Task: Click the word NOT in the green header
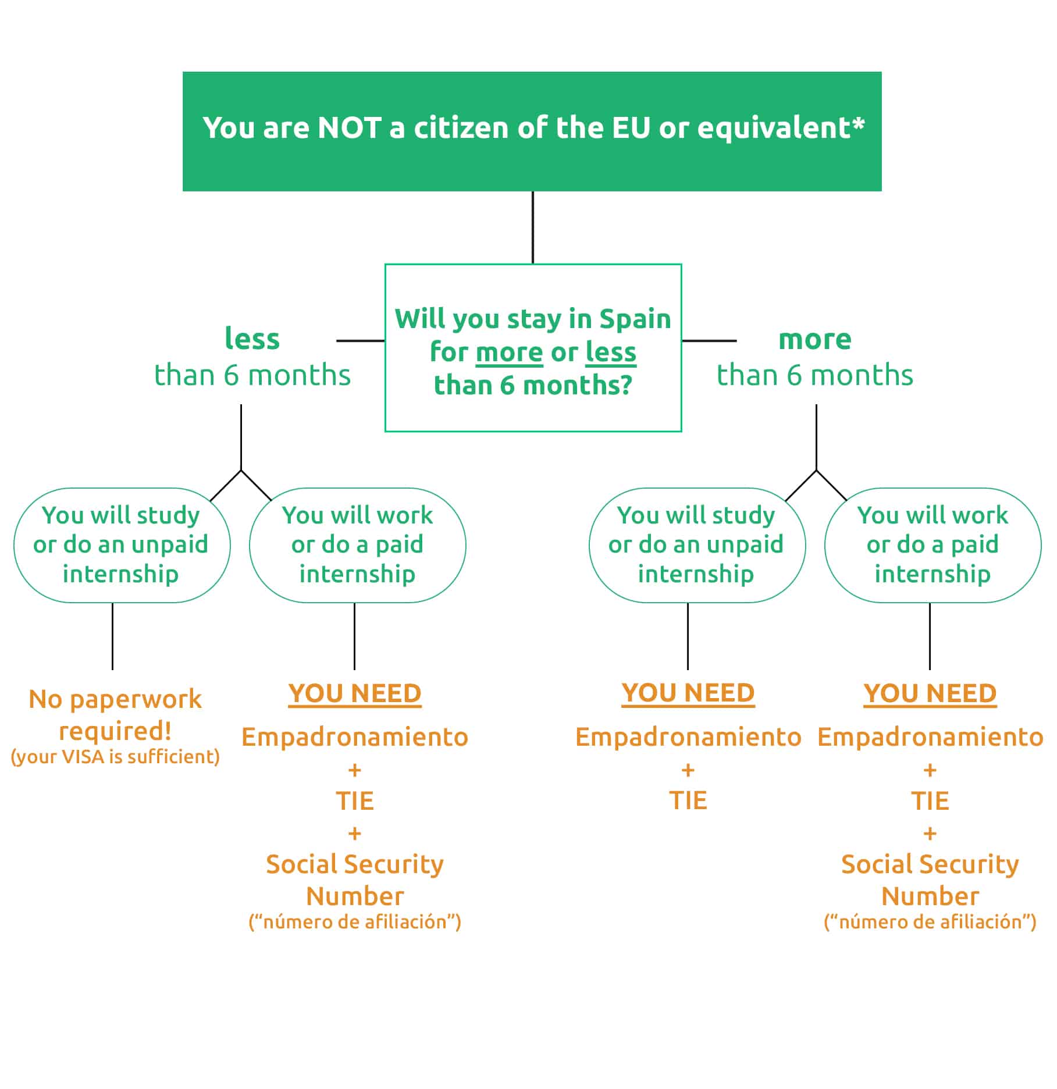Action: pos(350,127)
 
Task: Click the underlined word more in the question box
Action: pos(509,353)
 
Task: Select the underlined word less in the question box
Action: pos(611,353)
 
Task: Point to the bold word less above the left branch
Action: pos(252,339)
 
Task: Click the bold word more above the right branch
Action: pos(814,339)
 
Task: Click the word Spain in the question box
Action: pos(635,319)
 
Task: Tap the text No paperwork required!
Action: pos(115,714)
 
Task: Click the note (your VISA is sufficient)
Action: pos(115,756)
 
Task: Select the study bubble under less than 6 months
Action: pos(122,545)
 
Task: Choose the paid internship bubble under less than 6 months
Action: pos(358,545)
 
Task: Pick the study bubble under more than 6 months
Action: pos(697,545)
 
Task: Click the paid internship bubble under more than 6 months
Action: pos(933,545)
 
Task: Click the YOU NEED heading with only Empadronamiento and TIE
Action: pos(688,693)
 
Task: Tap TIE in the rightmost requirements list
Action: pos(930,801)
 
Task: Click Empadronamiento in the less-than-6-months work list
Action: pos(355,737)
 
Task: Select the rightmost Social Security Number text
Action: pos(930,880)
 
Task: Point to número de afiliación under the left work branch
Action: pos(355,921)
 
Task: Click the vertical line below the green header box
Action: pos(533,227)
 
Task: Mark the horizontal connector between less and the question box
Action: pos(361,341)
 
